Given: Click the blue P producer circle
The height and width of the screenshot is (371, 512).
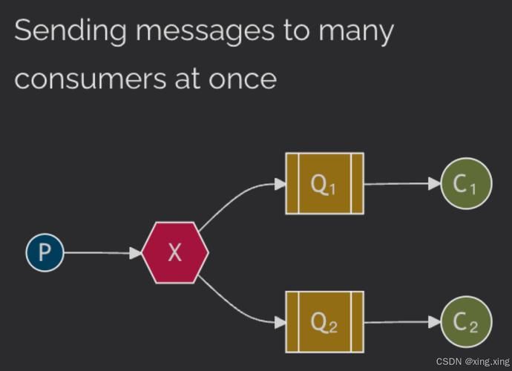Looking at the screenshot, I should (x=45, y=252).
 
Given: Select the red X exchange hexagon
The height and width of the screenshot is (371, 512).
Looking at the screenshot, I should (x=174, y=252).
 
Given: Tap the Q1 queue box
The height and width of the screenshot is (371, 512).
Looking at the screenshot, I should (x=324, y=183).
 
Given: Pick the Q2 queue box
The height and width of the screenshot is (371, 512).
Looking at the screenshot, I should (x=324, y=321).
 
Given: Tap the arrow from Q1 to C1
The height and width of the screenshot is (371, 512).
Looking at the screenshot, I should (x=401, y=183).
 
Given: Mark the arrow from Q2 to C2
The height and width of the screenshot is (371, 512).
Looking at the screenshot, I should (x=401, y=321).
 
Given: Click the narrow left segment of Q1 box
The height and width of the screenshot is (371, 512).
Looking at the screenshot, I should (x=291, y=183).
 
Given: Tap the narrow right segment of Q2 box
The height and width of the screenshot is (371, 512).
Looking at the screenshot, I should (x=358, y=321).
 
